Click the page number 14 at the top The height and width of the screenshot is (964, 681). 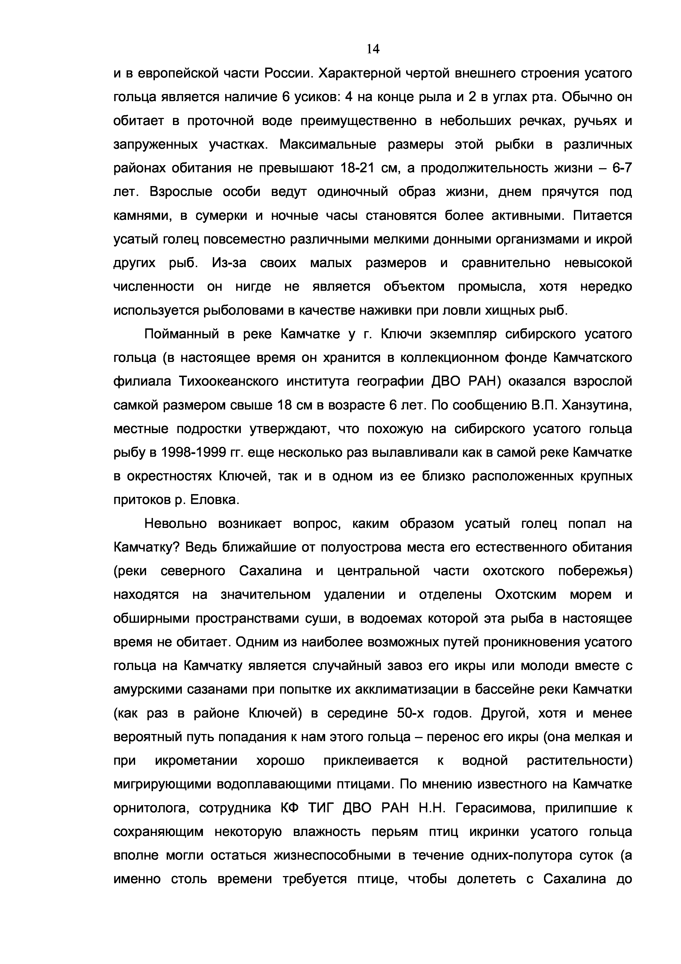click(373, 49)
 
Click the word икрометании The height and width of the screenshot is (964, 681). click(196, 761)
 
